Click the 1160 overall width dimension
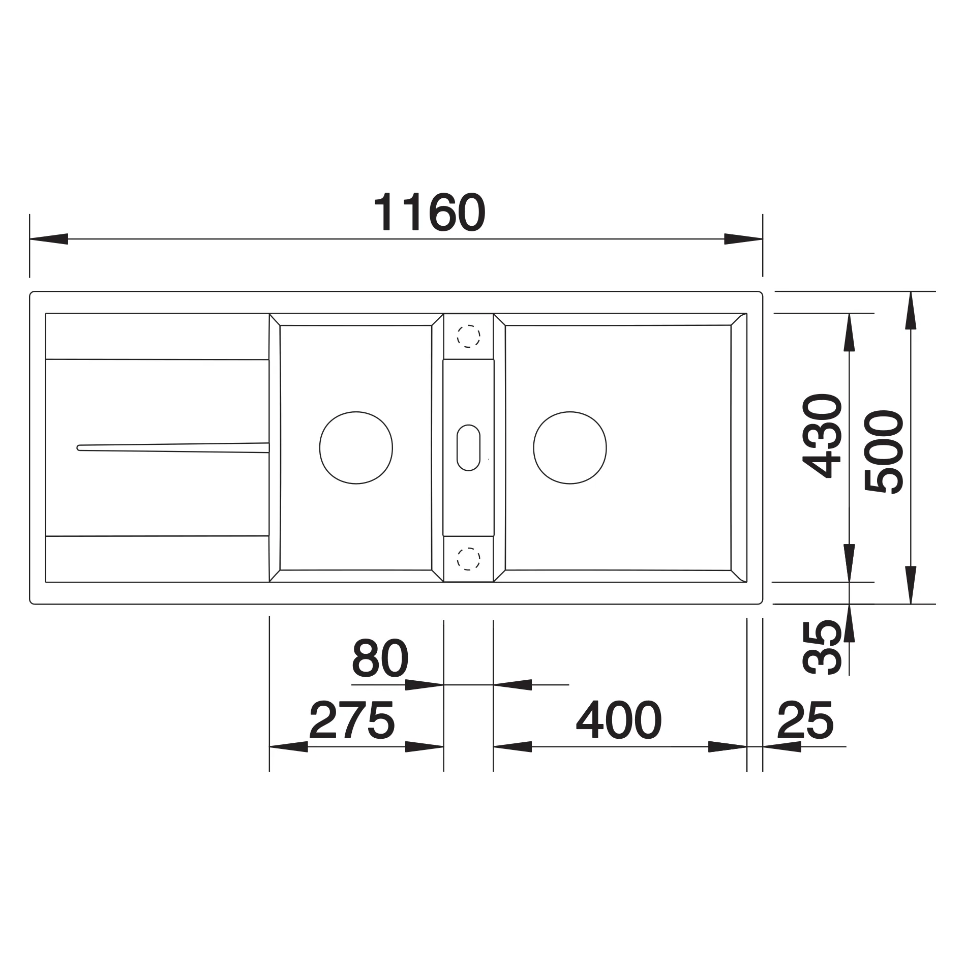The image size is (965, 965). click(x=430, y=212)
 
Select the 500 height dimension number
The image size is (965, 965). click(x=884, y=452)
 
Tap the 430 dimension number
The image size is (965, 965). click(x=822, y=436)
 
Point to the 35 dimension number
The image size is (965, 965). click(x=822, y=647)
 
